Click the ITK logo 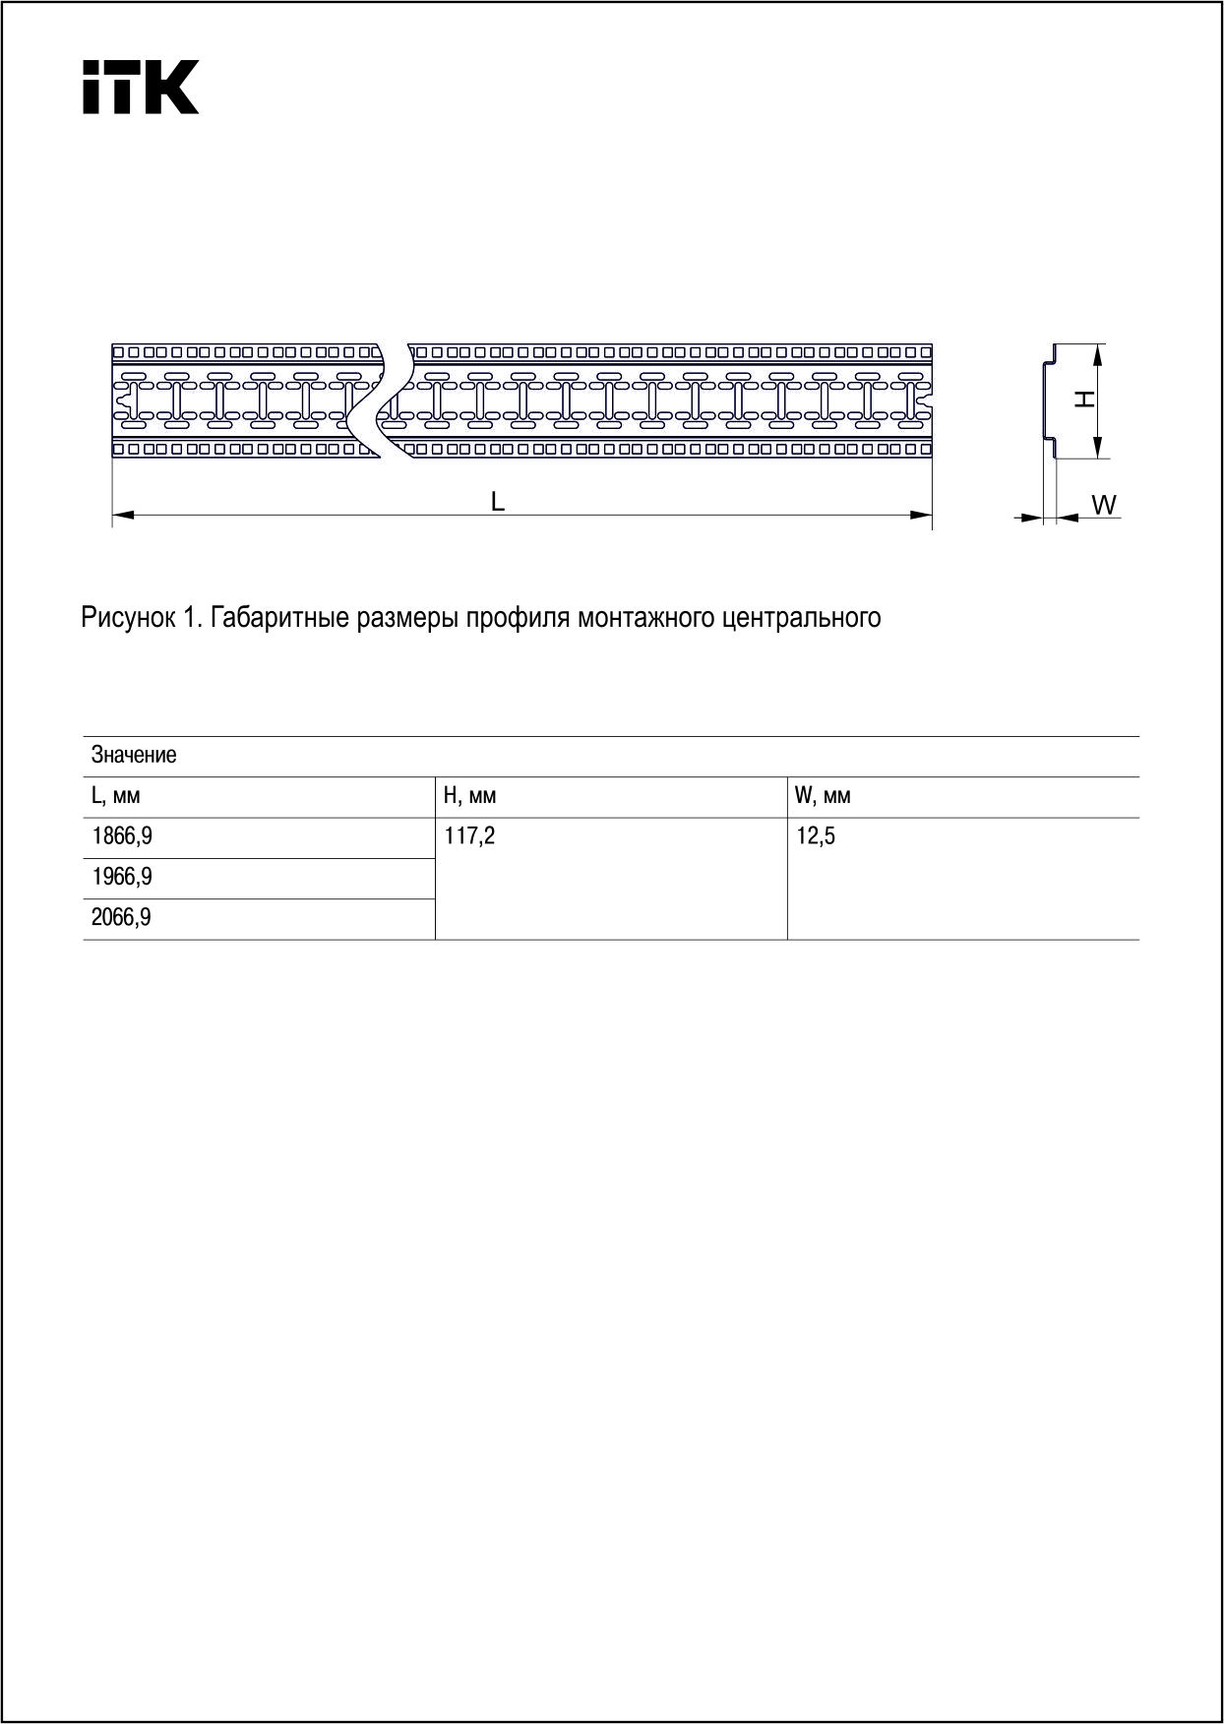tap(140, 88)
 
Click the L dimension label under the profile tap(498, 502)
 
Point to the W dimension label tap(1104, 505)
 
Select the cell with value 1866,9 tap(122, 837)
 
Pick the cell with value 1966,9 tap(122, 878)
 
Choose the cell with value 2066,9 tap(122, 919)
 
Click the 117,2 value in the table tap(470, 837)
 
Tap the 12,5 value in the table tap(815, 837)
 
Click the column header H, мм tap(470, 796)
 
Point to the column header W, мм tap(823, 796)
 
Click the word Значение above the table tap(134, 755)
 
